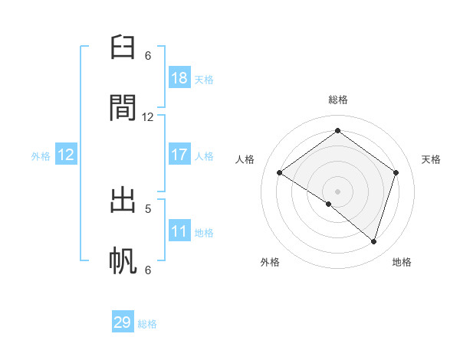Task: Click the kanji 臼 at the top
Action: (124, 49)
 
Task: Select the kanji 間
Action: (124, 108)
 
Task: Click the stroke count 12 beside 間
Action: (148, 116)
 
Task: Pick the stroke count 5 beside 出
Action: (148, 208)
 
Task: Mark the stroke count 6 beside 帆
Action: (148, 270)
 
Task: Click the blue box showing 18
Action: (179, 78)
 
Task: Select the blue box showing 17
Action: (179, 155)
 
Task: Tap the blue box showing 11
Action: (179, 231)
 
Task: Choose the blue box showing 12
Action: (66, 155)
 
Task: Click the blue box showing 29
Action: (123, 322)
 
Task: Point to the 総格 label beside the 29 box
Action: (148, 324)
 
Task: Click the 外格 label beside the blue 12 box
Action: (41, 156)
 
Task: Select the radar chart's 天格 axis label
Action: (431, 159)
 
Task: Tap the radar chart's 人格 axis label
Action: (245, 159)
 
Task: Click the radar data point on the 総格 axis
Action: (337, 130)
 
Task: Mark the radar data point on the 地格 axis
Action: (373, 241)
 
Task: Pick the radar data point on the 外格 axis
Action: (329, 204)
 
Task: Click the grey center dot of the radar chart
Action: (337, 191)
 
